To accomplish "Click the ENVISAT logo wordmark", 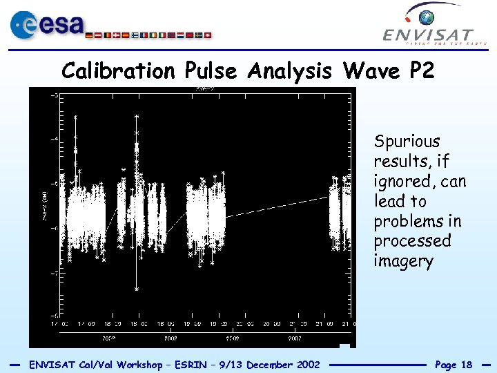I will tap(428, 35).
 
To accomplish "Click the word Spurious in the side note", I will tap(407, 142).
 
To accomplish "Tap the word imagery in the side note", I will tap(403, 262).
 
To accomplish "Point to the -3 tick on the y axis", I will tap(53, 95).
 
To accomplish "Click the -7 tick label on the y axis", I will tap(53, 272).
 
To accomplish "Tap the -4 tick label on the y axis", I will tap(53, 139).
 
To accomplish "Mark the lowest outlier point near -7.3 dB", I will tap(137, 288).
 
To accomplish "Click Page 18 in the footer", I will tap(454, 365).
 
